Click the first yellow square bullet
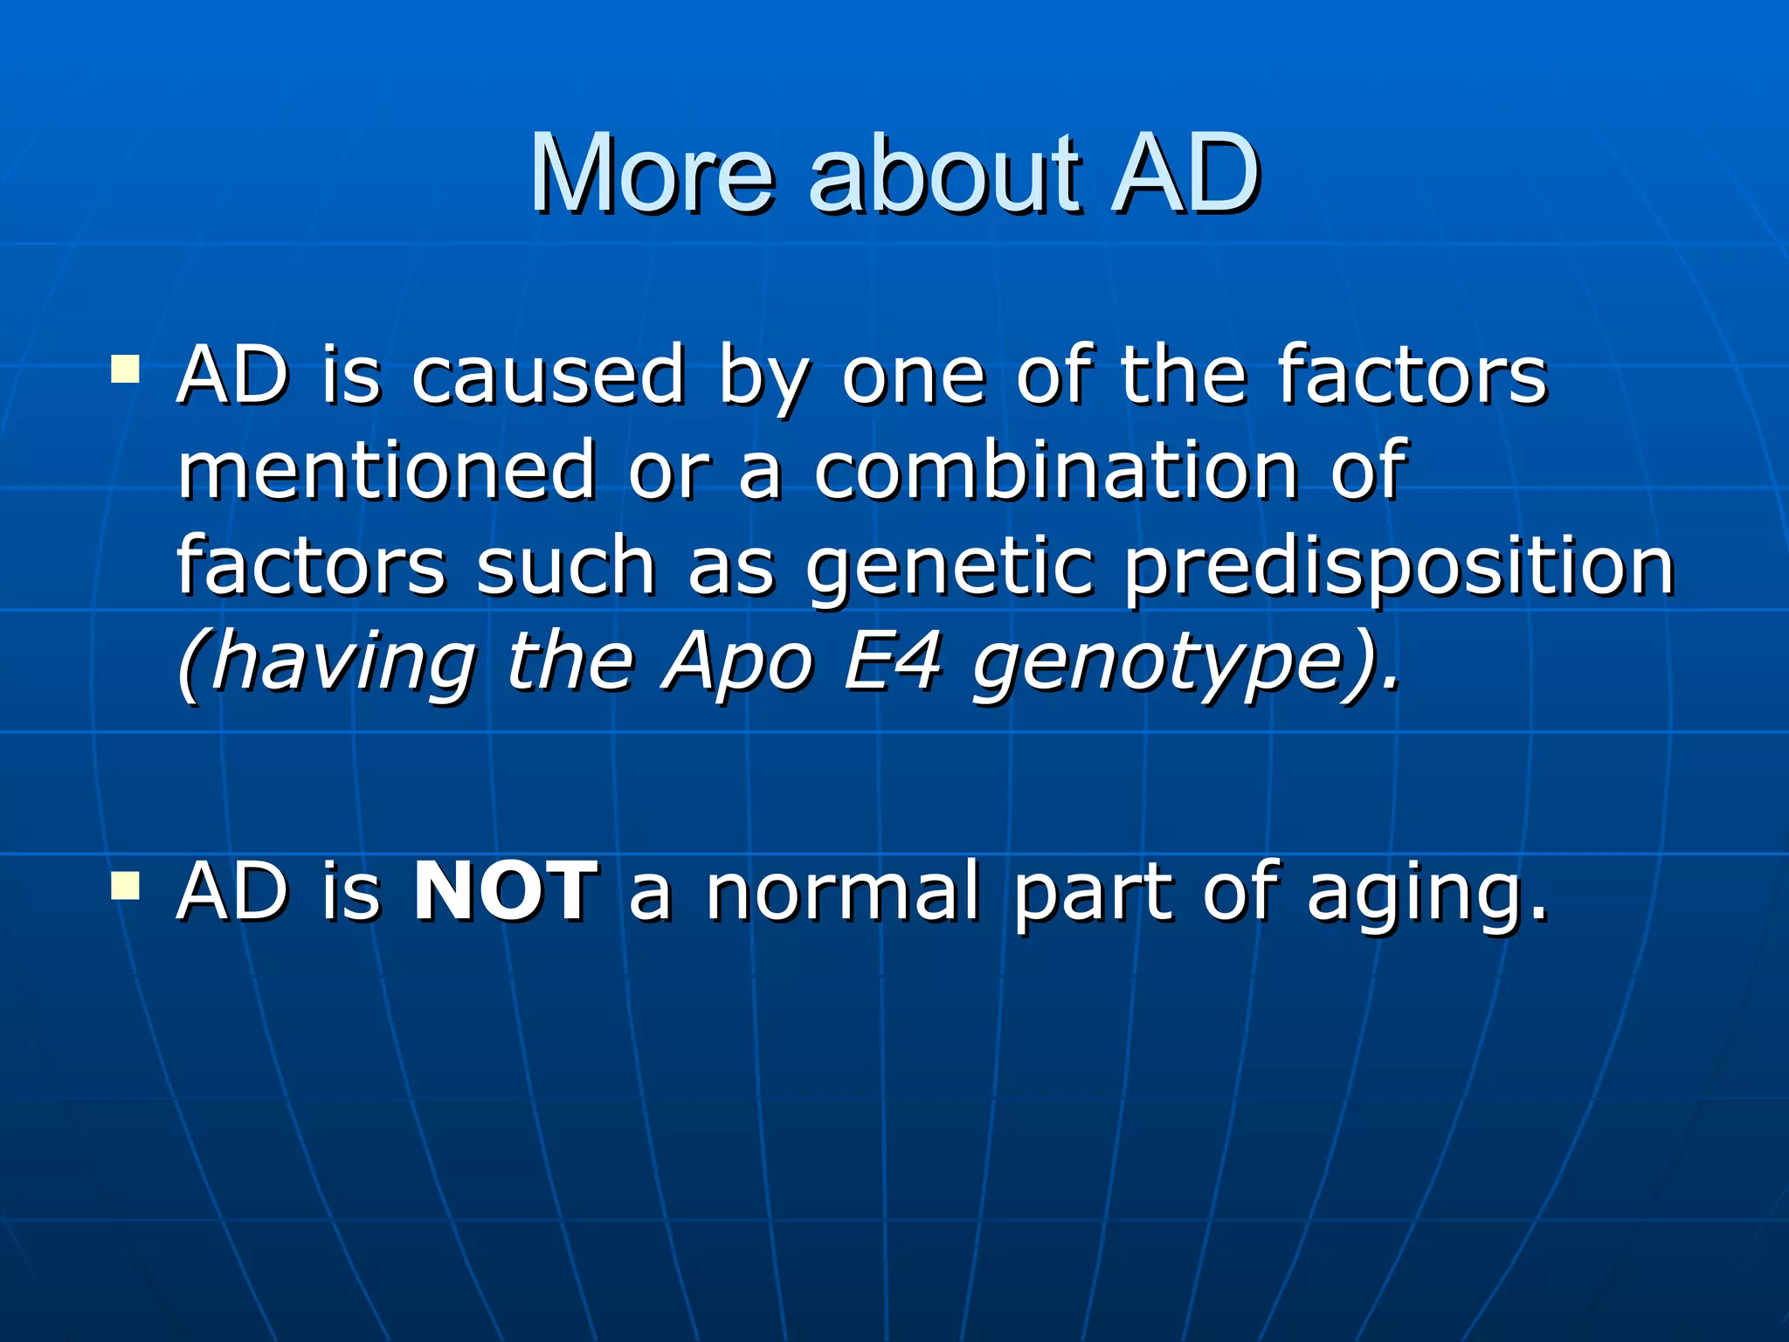click(x=126, y=370)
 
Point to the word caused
click(x=549, y=376)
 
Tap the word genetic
click(x=950, y=568)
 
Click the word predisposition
click(x=1399, y=568)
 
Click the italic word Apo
click(x=739, y=664)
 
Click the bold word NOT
click(x=506, y=891)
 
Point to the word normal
click(x=843, y=891)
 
